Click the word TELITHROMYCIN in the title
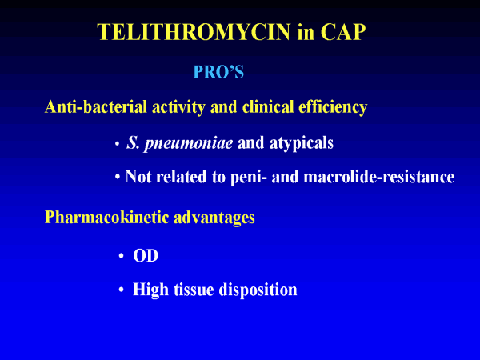[194, 31]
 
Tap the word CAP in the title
[343, 31]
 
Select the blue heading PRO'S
[218, 72]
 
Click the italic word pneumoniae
[188, 143]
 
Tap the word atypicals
[302, 143]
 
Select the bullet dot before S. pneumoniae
[117, 143]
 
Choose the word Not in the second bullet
[138, 177]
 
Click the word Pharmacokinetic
[107, 217]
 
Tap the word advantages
[214, 218]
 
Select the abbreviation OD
[146, 256]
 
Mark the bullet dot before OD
[122, 256]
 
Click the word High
[150, 290]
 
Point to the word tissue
[194, 290]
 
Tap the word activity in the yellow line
[178, 107]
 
